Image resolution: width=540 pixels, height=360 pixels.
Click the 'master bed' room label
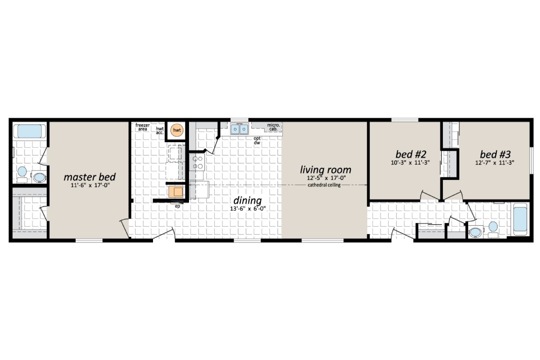pyautogui.click(x=90, y=176)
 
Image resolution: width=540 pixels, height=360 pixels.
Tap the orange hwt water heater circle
pyautogui.click(x=177, y=130)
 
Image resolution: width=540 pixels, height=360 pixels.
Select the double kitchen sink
pyautogui.click(x=239, y=130)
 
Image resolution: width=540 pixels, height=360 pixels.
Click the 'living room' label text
pyautogui.click(x=325, y=170)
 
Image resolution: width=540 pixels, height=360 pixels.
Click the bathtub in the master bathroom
pyautogui.click(x=29, y=131)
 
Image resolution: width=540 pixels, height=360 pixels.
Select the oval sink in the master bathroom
pyautogui.click(x=39, y=177)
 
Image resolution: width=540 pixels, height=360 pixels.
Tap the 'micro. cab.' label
pyautogui.click(x=274, y=127)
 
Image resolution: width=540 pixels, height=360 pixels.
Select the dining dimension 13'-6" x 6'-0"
pyautogui.click(x=247, y=209)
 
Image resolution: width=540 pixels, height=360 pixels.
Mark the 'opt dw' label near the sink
pyautogui.click(x=257, y=140)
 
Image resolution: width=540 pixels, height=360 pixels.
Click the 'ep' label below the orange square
pyautogui.click(x=177, y=207)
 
